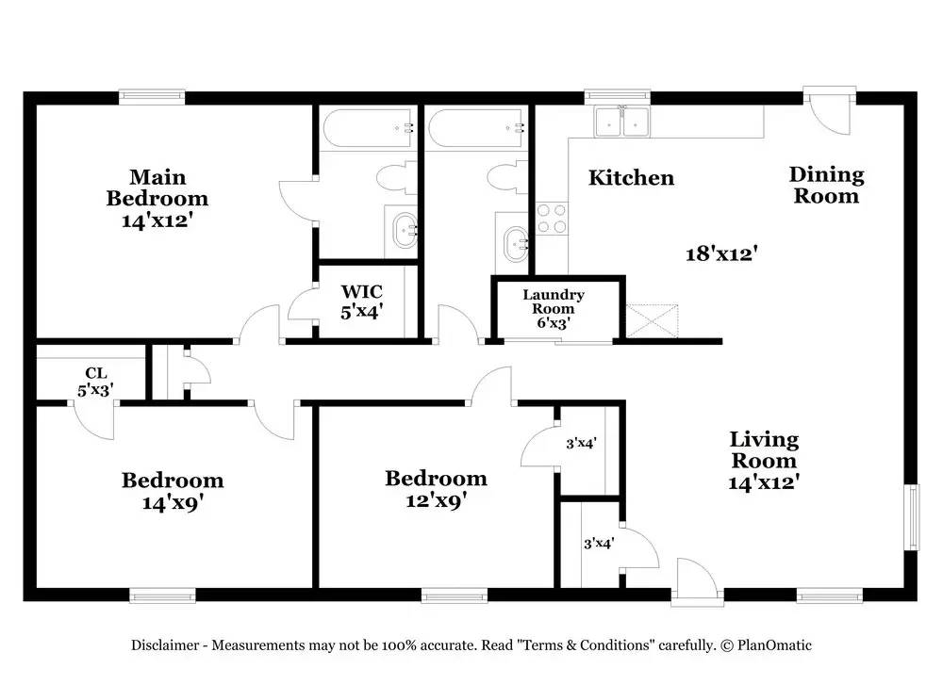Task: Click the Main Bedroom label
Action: [157, 188]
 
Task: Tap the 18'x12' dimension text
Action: [722, 253]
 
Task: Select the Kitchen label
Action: [631, 178]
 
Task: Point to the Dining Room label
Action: [826, 185]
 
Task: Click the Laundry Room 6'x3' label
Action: [553, 308]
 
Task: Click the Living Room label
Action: [764, 460]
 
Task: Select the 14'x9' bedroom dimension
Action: [173, 503]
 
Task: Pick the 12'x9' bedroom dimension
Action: [435, 500]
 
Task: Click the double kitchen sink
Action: [622, 122]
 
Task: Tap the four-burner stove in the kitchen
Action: [552, 220]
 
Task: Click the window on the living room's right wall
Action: [911, 517]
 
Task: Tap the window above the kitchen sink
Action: [618, 95]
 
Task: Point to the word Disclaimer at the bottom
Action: [164, 645]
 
